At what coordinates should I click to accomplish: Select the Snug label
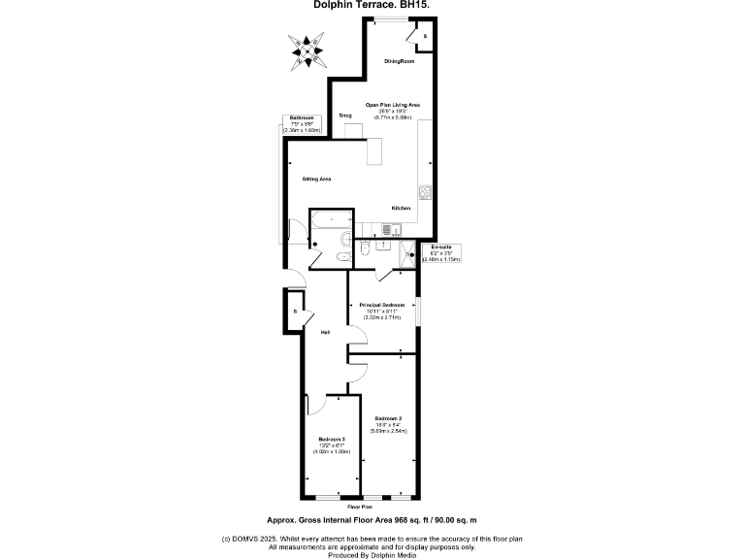coord(345,115)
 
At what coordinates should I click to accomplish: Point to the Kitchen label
coord(401,209)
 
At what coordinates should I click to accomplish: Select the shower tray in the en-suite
coord(402,254)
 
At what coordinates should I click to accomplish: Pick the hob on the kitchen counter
coord(424,191)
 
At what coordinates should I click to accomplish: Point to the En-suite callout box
coord(441,253)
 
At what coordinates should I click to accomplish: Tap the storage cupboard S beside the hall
coord(295,312)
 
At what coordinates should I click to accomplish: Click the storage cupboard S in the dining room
coord(423,36)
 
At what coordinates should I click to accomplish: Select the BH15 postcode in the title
coord(414,5)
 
